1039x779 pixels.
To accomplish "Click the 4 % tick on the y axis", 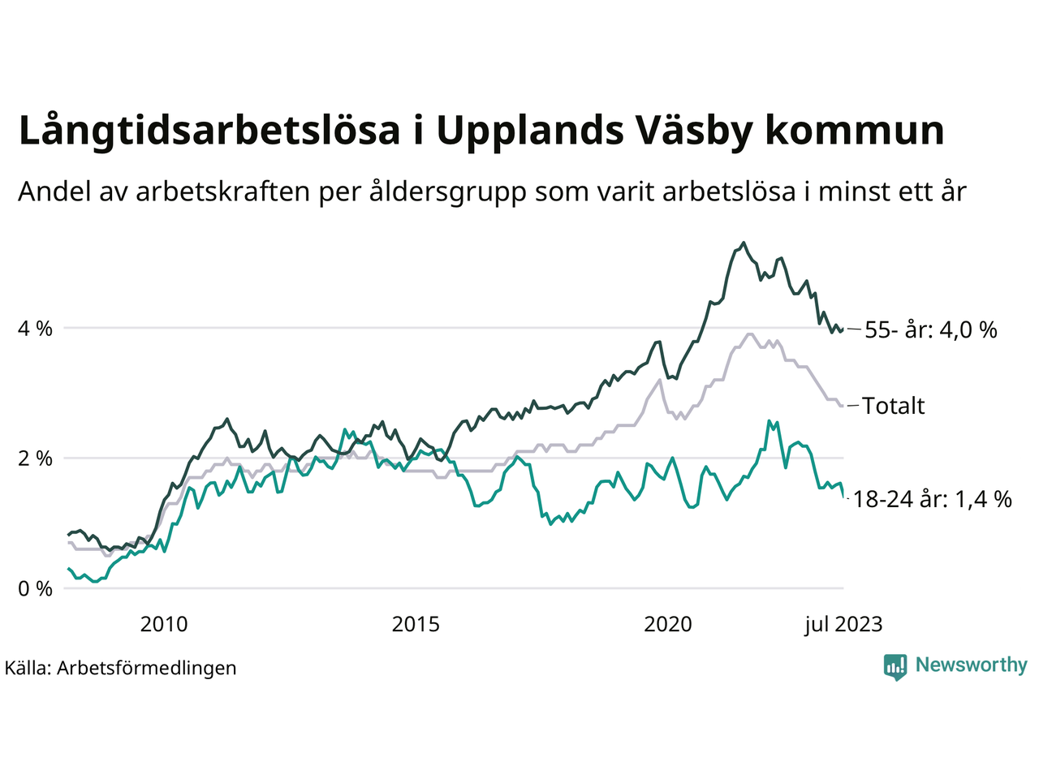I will click(35, 329).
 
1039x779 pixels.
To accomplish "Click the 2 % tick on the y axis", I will click(35, 458).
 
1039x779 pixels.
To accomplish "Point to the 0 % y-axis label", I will click(35, 588).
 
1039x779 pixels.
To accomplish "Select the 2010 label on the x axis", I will click(163, 624).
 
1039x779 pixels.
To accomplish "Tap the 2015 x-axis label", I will click(416, 624).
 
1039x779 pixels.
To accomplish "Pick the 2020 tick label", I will click(667, 624).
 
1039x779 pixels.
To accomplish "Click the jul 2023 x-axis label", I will click(843, 624).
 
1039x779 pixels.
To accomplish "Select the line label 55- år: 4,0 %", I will click(931, 330).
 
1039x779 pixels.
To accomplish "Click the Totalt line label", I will click(893, 406).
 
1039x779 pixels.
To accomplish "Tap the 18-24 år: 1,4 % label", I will click(933, 499).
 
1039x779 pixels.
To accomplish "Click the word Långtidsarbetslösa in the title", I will click(209, 131).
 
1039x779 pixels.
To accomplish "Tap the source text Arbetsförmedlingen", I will click(146, 668).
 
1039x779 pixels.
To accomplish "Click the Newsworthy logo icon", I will click(895, 667).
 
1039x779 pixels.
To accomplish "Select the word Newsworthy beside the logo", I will click(971, 665).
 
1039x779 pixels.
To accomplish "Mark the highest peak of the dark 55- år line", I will click(744, 242).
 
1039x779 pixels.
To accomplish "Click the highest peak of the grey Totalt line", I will click(749, 334).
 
